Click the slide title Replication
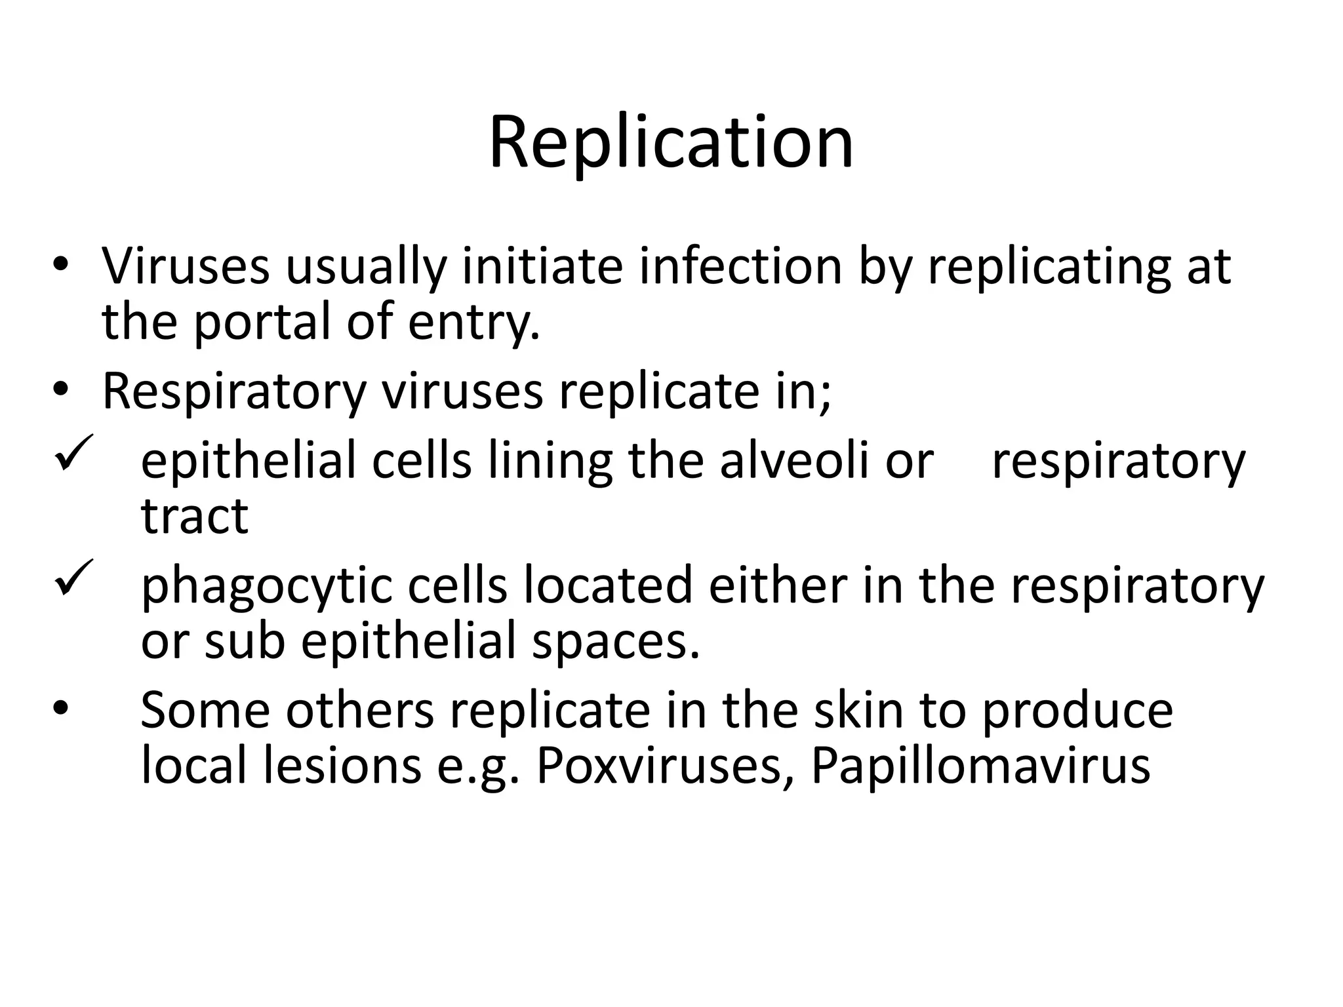[671, 142]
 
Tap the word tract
[194, 516]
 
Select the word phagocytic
[266, 585]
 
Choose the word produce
[1077, 711]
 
